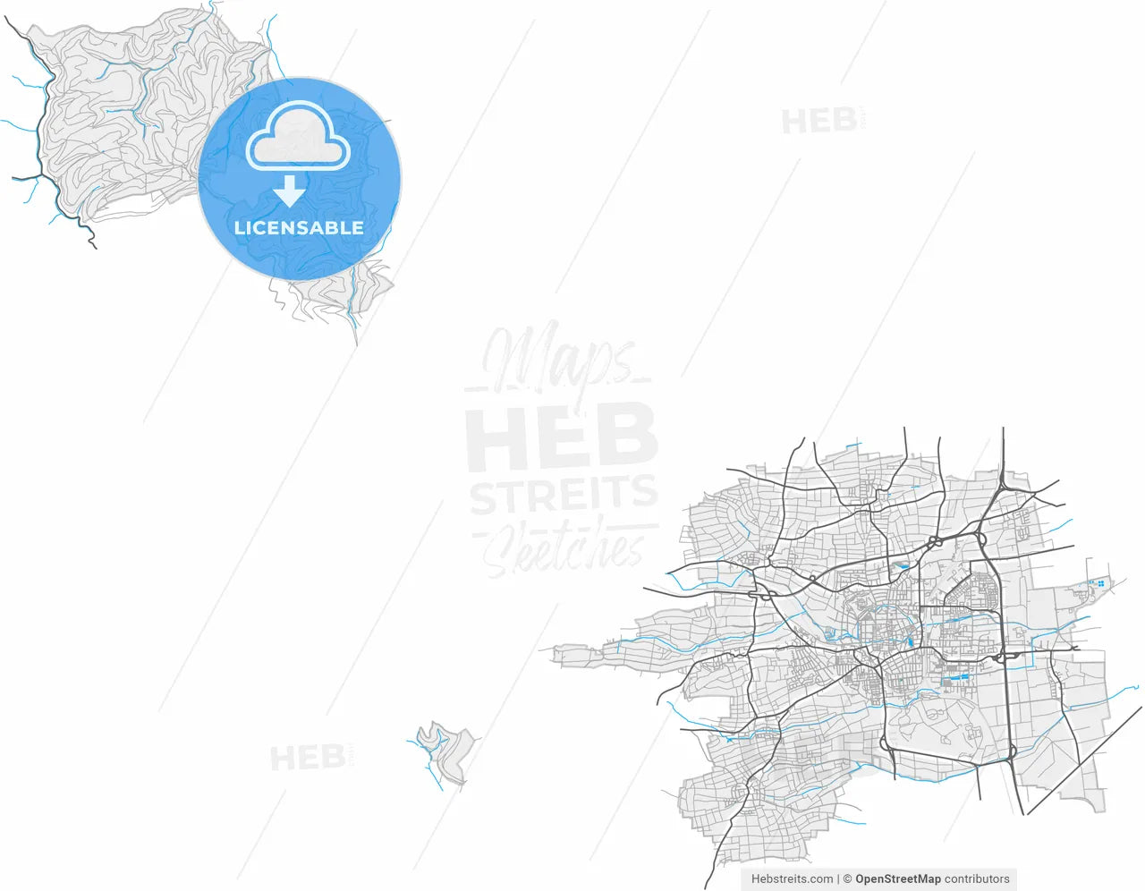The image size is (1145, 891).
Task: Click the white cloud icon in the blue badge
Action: pos(298,138)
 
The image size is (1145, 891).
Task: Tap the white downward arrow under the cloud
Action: pos(289,191)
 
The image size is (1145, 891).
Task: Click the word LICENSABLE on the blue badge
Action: pos(299,228)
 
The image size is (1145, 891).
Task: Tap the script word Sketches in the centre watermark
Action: pos(564,548)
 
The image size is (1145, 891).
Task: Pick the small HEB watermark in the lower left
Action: pos(308,759)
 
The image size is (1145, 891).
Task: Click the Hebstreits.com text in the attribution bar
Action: pos(792,879)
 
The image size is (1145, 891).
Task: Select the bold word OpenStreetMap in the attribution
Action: pos(897,879)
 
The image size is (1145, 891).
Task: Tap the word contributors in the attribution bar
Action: pos(977,879)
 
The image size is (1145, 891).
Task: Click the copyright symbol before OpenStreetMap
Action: pos(847,879)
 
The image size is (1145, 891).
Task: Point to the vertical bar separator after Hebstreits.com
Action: pos(838,879)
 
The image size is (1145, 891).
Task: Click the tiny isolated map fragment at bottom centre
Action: pos(445,751)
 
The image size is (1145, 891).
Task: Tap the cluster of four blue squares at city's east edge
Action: pos(1100,583)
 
